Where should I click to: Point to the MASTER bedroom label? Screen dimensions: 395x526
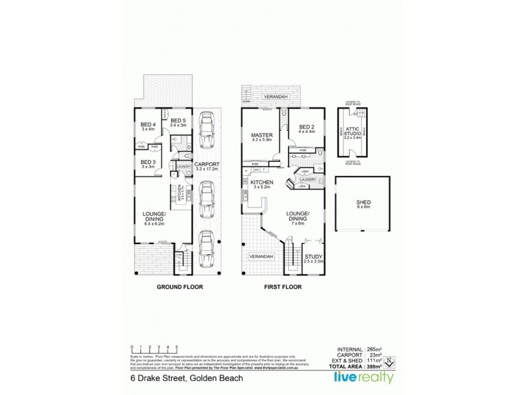point(262,136)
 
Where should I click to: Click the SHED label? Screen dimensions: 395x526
point(362,203)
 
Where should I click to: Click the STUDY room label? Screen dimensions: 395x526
point(312,258)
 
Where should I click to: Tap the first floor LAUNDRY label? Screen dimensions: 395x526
point(309,179)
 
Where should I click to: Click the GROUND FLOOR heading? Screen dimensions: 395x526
point(179,287)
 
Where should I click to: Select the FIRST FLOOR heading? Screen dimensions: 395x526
point(282,287)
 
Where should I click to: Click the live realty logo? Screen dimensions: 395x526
point(364,378)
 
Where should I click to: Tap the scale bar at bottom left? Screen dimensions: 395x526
point(154,349)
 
